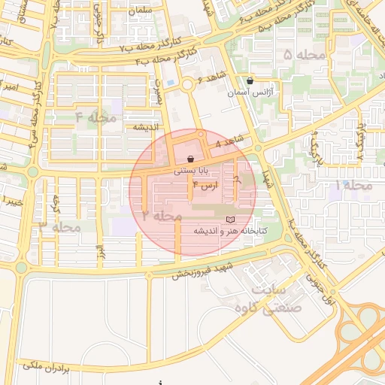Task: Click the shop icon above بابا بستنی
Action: tap(190, 159)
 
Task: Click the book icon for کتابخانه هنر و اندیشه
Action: tap(230, 219)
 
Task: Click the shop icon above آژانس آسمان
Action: tap(250, 80)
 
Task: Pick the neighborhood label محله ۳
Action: tap(60, 226)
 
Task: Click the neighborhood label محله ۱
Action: tap(354, 184)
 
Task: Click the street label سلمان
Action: tap(161, 11)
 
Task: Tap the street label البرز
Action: tap(98, 250)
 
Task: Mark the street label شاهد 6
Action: tap(211, 79)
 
